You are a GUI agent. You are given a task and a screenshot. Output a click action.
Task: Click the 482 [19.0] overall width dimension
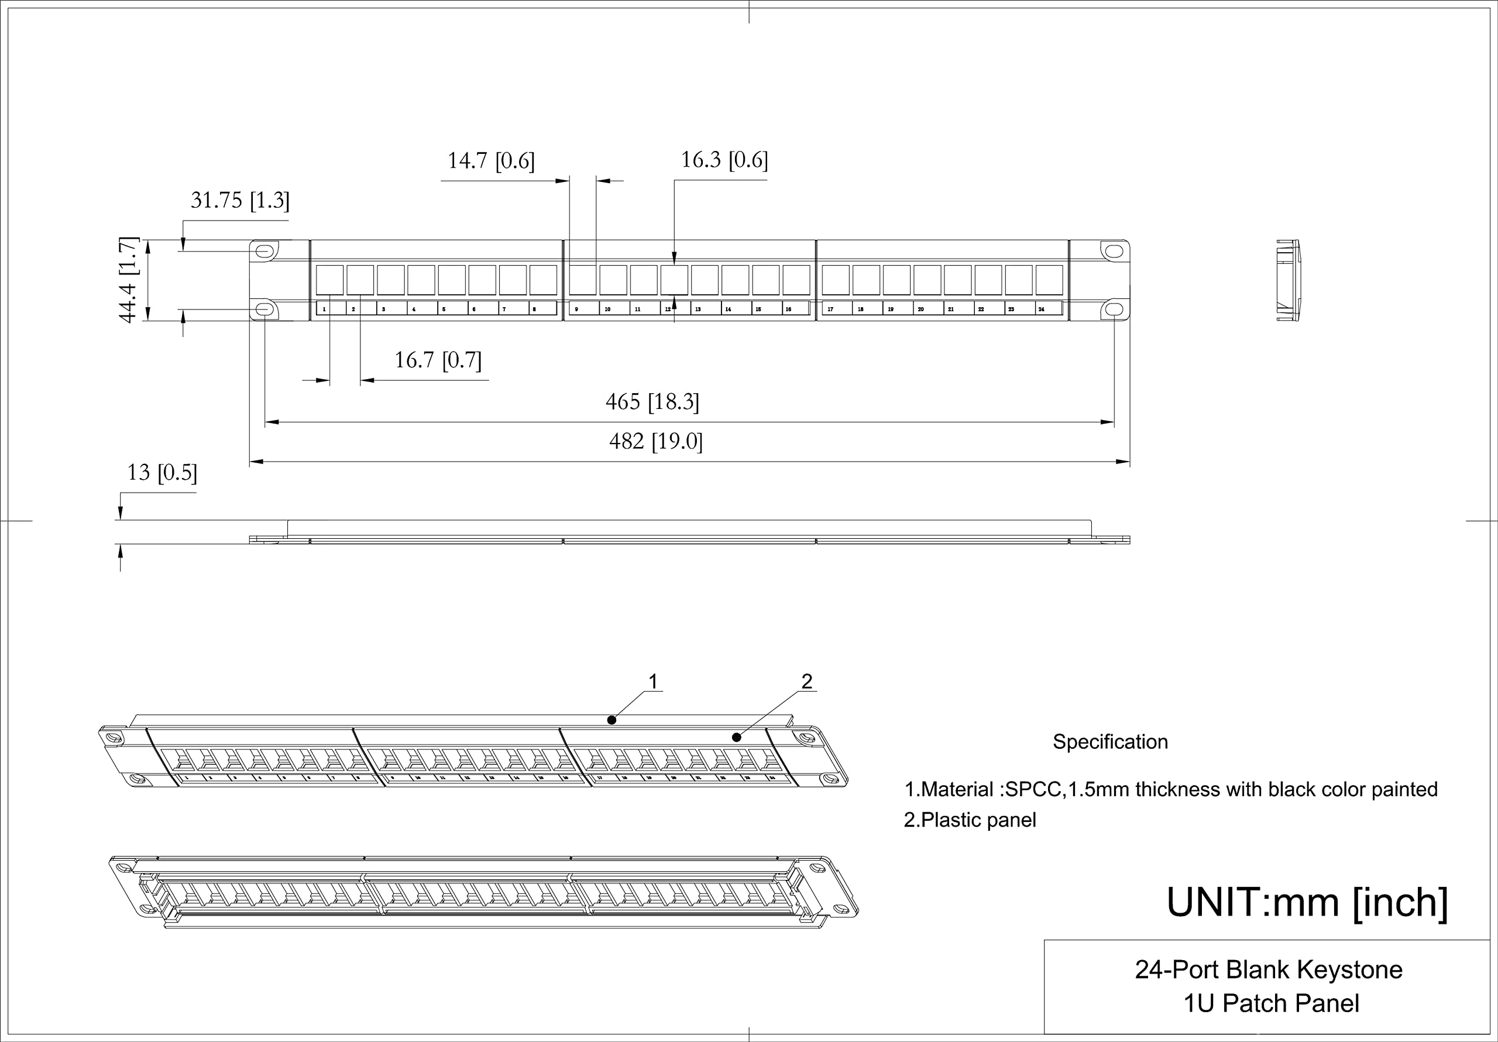[656, 442]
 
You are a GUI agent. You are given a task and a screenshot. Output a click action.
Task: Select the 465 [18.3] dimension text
[652, 402]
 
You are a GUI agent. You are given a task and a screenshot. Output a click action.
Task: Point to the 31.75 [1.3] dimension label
[239, 200]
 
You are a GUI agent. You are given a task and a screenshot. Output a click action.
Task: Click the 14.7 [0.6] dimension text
[490, 160]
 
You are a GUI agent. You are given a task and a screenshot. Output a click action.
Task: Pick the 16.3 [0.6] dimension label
[724, 160]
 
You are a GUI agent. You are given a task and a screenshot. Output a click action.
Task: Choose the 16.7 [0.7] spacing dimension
[438, 360]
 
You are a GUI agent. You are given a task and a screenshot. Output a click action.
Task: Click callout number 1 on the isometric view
[652, 682]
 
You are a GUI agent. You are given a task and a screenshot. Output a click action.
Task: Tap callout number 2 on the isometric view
[807, 682]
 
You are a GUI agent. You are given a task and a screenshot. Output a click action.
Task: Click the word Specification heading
[1110, 742]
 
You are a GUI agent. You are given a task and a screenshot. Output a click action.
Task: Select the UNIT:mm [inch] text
[1307, 902]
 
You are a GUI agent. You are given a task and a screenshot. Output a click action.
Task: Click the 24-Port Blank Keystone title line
[1269, 969]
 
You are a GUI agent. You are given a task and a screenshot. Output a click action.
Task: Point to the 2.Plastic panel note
[970, 820]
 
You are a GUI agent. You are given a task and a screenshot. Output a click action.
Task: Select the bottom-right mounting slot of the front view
[1114, 309]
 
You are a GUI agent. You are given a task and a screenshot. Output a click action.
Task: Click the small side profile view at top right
[1288, 281]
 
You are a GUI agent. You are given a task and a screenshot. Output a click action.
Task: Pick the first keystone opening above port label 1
[329, 280]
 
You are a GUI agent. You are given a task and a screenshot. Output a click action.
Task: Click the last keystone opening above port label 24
[1049, 280]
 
